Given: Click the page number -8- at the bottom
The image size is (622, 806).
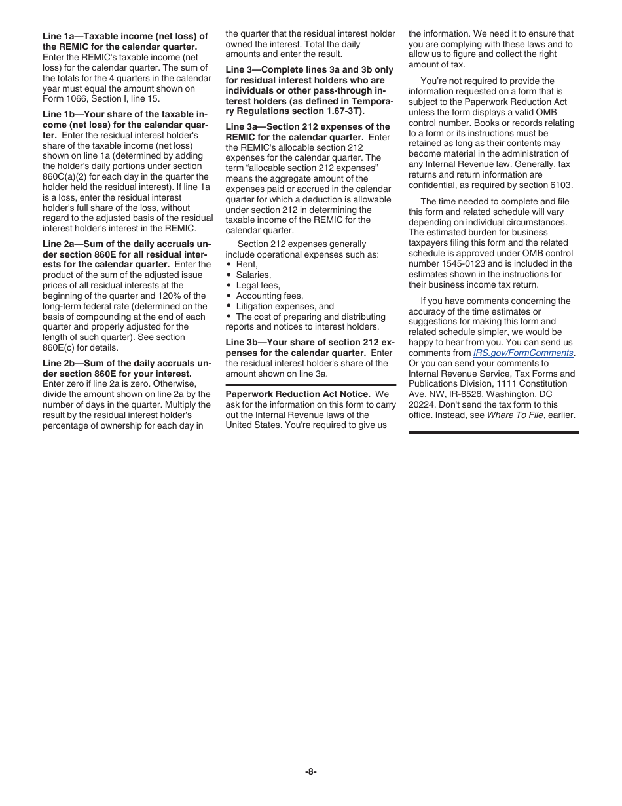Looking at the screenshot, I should [310, 771].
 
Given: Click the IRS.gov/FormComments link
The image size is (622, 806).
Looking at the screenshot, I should [523, 353].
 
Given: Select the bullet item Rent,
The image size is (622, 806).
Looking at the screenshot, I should [246, 264].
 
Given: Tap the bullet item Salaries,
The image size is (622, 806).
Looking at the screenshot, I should [253, 275].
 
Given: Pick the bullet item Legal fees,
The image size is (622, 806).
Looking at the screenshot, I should [257, 285].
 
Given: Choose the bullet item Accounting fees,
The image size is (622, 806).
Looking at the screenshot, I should [269, 296].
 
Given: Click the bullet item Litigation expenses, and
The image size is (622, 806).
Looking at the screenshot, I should [284, 306].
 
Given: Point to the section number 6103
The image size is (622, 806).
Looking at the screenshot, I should [561, 185].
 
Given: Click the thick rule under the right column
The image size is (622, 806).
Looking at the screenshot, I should [494, 432].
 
